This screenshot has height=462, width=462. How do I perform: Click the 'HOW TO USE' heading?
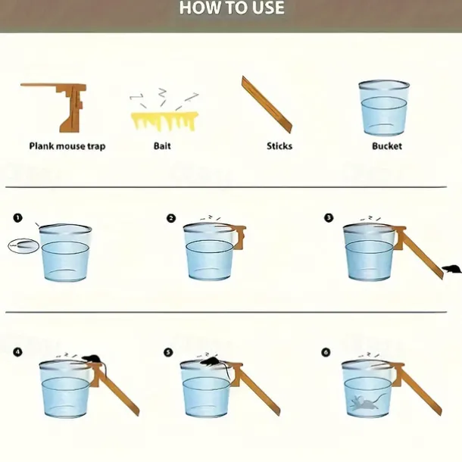click(x=232, y=8)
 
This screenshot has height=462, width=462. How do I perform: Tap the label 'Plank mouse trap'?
click(x=67, y=146)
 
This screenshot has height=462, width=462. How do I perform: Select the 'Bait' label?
click(x=162, y=146)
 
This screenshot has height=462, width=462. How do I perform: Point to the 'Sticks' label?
click(x=279, y=146)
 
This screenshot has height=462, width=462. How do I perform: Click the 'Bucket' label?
click(x=387, y=146)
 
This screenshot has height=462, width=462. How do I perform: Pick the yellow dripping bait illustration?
click(x=164, y=121)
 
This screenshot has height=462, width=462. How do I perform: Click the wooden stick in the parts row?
click(x=267, y=105)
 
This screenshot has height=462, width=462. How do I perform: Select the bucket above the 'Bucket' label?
click(x=384, y=108)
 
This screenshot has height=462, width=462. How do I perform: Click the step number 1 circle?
click(x=17, y=218)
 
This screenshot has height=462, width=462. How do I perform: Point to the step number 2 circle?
click(x=171, y=218)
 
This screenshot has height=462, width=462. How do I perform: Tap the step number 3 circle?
click(x=329, y=218)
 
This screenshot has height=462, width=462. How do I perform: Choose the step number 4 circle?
click(x=17, y=352)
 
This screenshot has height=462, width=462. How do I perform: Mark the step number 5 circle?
click(x=168, y=352)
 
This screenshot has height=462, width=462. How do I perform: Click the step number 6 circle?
click(x=326, y=352)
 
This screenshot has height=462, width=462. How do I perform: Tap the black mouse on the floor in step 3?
click(x=452, y=269)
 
